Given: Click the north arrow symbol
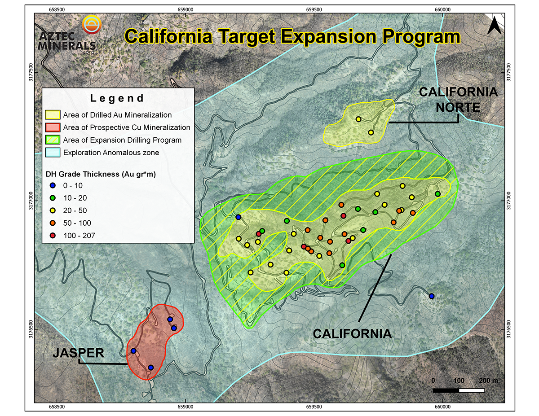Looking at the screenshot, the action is (x=494, y=25).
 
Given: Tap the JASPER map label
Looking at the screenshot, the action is (x=79, y=353).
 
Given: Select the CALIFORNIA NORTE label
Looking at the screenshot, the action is (x=458, y=100).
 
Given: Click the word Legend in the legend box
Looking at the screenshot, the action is (x=117, y=98).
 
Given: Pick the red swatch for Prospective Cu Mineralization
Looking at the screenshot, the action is (x=53, y=127).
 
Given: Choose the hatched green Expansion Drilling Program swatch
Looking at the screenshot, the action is (x=53, y=140).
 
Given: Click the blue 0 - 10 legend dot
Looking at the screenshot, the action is (x=53, y=185).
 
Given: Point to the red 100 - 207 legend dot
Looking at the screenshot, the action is (x=53, y=236).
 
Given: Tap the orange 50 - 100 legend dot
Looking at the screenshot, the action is (x=53, y=223).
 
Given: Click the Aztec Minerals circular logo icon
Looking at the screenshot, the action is (x=92, y=25).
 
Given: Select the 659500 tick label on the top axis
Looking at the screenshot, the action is (x=314, y=10).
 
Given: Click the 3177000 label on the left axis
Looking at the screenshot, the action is (x=31, y=201).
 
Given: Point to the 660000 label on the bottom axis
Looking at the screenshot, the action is (x=443, y=407).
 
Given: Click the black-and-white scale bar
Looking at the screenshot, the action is (x=459, y=390).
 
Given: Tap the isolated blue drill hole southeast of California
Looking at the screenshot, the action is (x=432, y=296).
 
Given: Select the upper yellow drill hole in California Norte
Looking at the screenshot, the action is (x=358, y=119).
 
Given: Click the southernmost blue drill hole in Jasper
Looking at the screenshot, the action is (x=151, y=368).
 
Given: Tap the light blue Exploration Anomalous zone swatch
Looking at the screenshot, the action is (x=53, y=153).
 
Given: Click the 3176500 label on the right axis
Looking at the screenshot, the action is (x=509, y=329).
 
